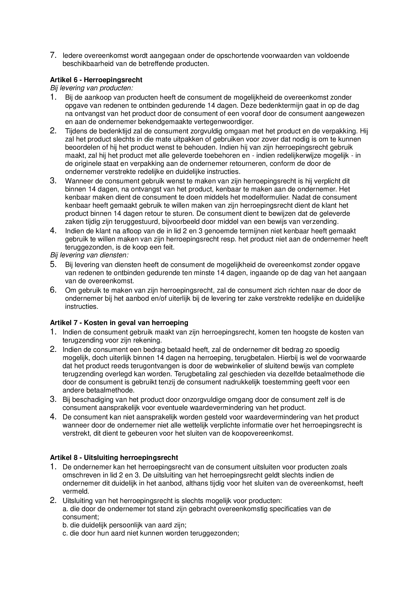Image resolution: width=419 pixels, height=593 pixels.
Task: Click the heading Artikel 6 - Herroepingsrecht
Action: tap(96, 80)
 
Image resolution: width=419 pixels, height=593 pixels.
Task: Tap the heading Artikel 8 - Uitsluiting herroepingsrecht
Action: tap(114, 458)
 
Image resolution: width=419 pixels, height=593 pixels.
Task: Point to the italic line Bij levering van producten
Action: tap(92, 88)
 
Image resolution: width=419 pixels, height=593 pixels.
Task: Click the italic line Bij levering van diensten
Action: tap(89, 255)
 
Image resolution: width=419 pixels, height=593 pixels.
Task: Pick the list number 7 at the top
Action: tap(53, 55)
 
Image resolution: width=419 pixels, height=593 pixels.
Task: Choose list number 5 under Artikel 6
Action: tap(53, 264)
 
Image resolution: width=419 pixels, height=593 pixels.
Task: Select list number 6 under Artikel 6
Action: tap(53, 290)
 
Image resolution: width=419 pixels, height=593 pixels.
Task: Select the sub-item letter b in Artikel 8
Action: tap(65, 525)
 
